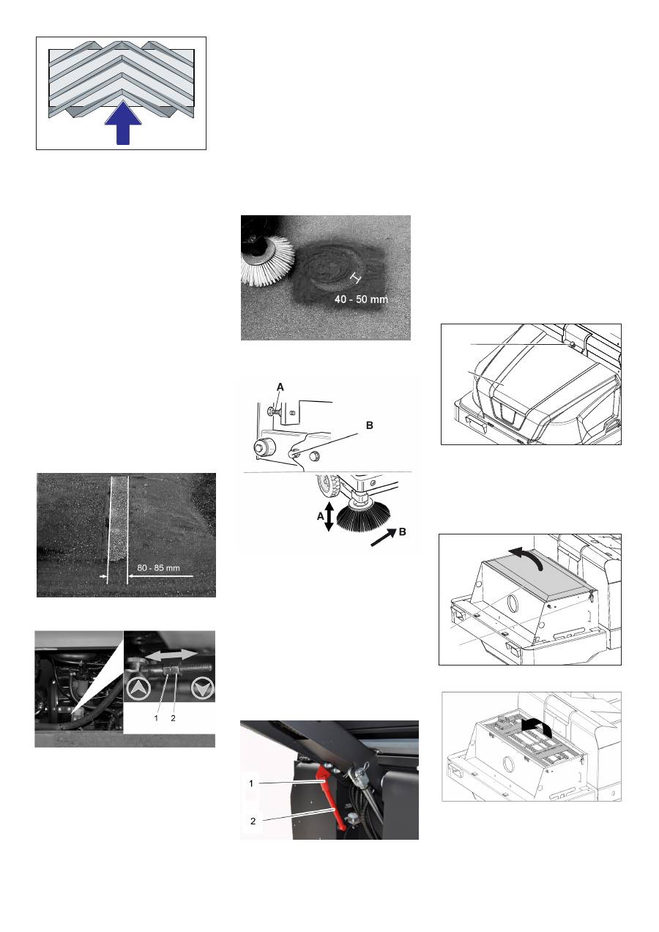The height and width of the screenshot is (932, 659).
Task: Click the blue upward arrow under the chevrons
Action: (x=123, y=123)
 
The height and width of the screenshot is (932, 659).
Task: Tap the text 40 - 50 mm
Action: (x=361, y=299)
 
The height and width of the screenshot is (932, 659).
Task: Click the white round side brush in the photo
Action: (x=267, y=260)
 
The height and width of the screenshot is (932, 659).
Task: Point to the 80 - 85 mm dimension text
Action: (x=158, y=567)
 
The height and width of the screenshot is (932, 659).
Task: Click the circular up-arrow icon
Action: (x=138, y=689)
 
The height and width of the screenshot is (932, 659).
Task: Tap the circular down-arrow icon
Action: (x=203, y=689)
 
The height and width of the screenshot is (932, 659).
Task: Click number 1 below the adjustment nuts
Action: (x=156, y=717)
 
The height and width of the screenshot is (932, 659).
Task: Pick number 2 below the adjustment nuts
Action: (x=173, y=717)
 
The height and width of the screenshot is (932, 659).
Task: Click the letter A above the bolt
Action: (x=280, y=387)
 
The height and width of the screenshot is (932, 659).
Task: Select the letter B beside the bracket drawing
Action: (x=369, y=425)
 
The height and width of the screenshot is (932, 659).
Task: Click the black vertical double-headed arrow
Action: (x=329, y=517)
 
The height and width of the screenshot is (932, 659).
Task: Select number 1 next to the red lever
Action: (x=251, y=783)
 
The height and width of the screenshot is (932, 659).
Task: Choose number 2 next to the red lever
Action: (x=253, y=821)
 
